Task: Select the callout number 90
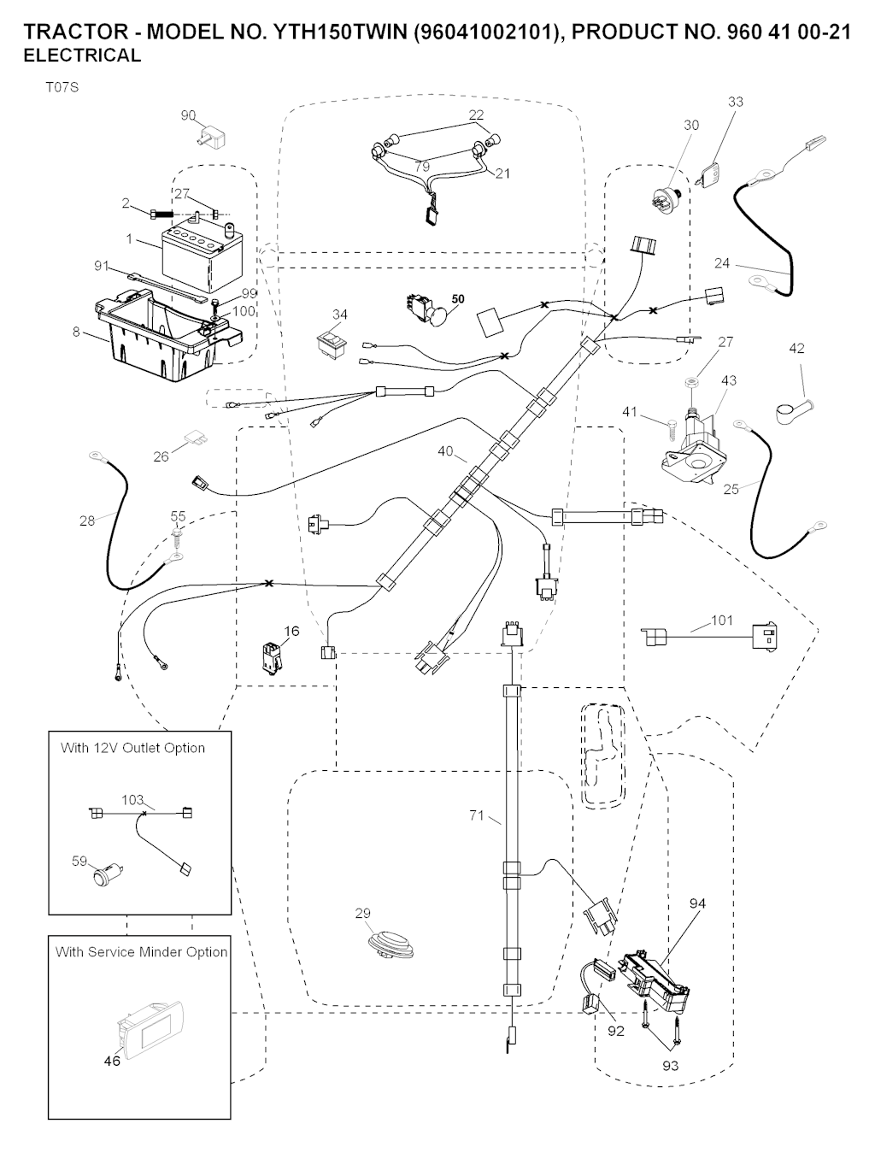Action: tap(189, 115)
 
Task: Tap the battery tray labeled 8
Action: tap(162, 329)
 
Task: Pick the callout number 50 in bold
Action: tap(459, 299)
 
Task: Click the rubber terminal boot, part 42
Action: tap(790, 411)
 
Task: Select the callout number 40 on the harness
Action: tap(445, 451)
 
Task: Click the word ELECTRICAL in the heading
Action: tap(83, 56)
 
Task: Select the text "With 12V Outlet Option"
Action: tap(132, 748)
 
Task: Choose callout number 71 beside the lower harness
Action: tap(477, 815)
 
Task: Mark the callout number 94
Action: tap(697, 903)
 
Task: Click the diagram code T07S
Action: tap(62, 86)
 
